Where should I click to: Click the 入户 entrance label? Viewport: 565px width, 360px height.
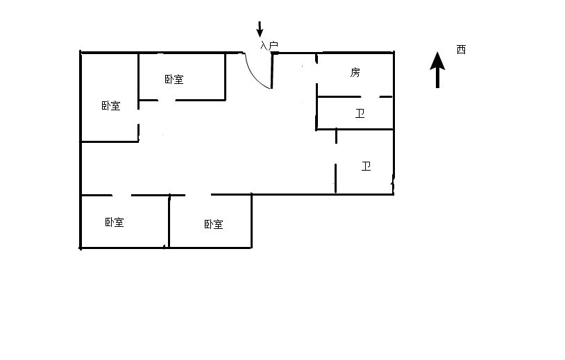tap(269, 46)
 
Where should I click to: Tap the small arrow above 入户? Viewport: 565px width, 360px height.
tap(260, 29)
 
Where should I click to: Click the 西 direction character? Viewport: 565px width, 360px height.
tap(461, 50)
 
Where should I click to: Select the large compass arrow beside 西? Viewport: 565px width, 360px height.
tap(437, 70)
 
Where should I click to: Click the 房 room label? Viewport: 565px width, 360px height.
tap(355, 72)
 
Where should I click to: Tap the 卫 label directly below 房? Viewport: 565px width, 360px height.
tap(360, 114)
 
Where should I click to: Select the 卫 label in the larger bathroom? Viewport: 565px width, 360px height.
tap(366, 166)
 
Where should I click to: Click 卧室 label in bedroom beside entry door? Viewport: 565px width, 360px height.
tap(174, 79)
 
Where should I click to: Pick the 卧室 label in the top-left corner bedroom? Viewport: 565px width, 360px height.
tap(110, 106)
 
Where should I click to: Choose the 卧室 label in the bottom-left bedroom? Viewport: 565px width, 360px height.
tap(115, 222)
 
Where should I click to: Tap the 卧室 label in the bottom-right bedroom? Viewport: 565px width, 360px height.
tap(214, 224)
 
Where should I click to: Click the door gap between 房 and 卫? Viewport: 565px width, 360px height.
tap(369, 96)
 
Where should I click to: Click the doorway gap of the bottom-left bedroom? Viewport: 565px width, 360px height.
tap(121, 195)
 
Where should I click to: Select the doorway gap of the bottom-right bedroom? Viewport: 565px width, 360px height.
tap(199, 195)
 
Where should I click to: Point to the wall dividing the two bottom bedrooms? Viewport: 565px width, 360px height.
tap(169, 221)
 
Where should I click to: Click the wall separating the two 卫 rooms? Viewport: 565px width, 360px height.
tap(355, 129)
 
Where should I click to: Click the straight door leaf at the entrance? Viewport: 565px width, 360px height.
tap(271, 71)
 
